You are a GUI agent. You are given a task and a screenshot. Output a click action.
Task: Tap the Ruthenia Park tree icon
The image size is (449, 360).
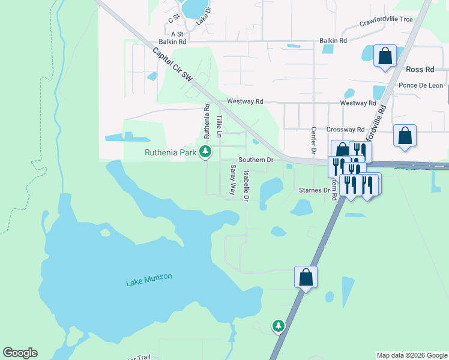click(206, 151)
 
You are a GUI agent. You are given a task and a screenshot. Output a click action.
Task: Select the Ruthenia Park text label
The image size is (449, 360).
click(170, 152)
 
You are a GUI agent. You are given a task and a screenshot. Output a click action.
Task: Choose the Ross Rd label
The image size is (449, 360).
click(420, 70)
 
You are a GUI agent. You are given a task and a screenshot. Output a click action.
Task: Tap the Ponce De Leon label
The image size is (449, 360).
click(421, 85)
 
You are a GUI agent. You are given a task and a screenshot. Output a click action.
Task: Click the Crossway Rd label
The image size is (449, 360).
click(345, 129)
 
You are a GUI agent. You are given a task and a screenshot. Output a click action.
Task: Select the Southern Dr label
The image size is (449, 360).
click(256, 160)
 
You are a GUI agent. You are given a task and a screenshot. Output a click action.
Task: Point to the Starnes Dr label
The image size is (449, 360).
click(315, 190)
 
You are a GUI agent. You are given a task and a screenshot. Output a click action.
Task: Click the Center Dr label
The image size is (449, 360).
click(313, 140)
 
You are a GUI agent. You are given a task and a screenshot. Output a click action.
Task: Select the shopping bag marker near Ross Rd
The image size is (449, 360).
click(385, 56)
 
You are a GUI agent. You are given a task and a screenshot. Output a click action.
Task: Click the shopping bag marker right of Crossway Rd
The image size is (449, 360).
click(405, 136)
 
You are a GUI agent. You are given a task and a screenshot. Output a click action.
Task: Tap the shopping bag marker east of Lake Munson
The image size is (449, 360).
click(306, 277)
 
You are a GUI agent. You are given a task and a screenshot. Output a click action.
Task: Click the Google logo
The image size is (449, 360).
click(20, 353)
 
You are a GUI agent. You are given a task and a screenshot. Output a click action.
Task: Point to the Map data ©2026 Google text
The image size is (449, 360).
click(412, 355)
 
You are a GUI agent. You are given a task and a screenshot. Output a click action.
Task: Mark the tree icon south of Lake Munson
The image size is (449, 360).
click(278, 325)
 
